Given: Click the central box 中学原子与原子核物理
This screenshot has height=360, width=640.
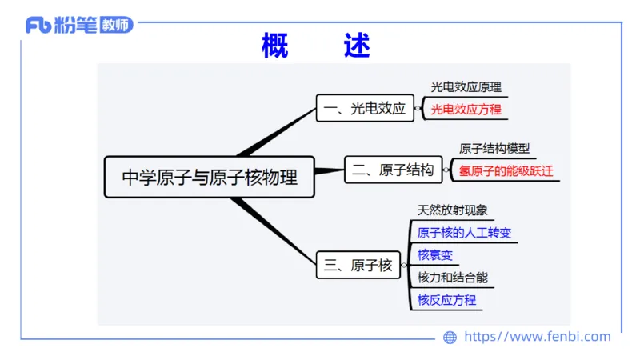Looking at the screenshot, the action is [x=209, y=177].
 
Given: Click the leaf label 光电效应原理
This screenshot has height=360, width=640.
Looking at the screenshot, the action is [x=466, y=87].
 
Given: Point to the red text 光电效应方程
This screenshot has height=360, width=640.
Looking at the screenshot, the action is [x=466, y=110].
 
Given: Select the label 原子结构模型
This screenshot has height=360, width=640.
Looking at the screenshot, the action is [x=494, y=149].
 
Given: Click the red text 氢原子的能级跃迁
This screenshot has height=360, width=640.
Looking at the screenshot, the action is [x=506, y=170].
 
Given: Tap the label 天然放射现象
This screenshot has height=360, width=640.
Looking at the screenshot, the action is [x=452, y=210].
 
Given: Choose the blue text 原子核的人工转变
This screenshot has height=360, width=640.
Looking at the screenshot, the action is [x=463, y=233].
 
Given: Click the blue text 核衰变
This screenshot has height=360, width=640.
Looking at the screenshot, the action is [x=434, y=255].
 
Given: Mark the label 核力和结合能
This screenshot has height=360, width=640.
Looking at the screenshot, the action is [x=452, y=278].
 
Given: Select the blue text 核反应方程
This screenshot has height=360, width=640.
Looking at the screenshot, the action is [x=446, y=300].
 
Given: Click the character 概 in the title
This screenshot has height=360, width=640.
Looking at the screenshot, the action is [x=274, y=46].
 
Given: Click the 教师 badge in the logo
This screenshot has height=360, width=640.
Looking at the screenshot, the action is [x=117, y=25].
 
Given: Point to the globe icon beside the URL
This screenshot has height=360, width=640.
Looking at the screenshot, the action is [x=450, y=338].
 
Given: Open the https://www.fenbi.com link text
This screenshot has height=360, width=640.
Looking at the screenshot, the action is [x=537, y=337].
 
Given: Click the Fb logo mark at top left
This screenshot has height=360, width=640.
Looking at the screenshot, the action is [x=38, y=25].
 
